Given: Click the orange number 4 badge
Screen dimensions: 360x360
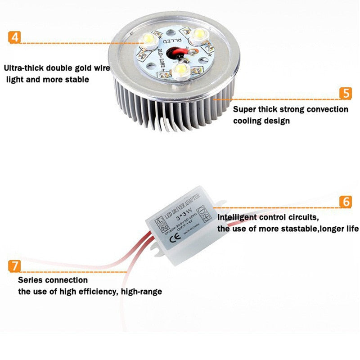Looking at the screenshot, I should (15, 36).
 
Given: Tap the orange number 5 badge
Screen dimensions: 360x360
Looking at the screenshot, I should (345, 93).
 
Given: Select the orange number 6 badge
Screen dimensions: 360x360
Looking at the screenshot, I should (345, 202).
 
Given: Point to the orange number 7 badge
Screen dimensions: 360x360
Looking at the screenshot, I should (14, 265).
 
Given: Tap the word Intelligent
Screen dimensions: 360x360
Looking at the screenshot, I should (238, 217).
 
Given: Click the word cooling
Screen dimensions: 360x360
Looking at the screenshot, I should (247, 121).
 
